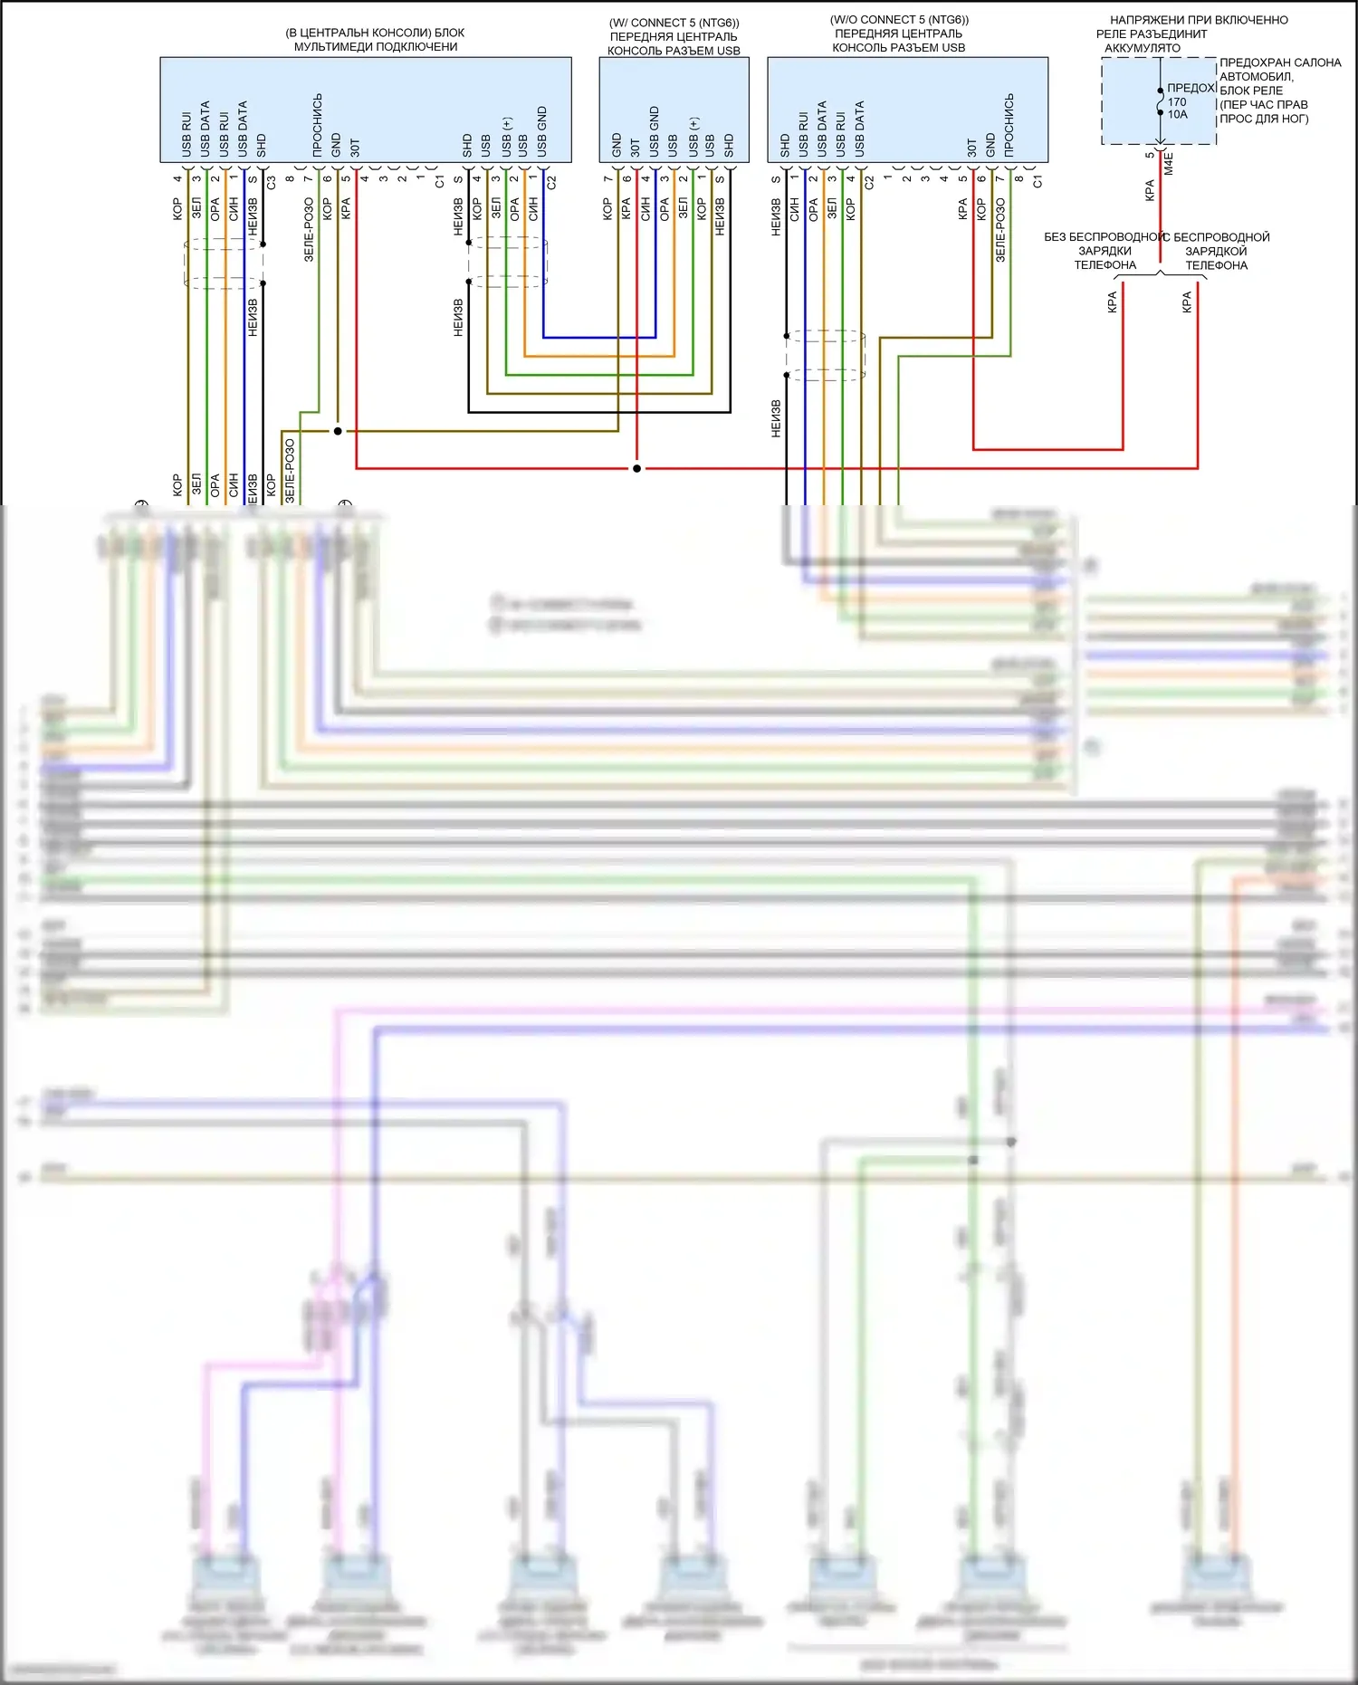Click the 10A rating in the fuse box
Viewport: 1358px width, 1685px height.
pos(1177,115)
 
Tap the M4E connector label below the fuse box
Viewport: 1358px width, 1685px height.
pos(1169,164)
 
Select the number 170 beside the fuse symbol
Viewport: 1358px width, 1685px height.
pos(1177,102)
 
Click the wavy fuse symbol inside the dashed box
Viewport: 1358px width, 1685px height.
pos(1161,101)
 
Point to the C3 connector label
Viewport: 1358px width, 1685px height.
pos(271,182)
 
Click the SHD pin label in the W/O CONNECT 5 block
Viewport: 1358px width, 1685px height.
pos(785,145)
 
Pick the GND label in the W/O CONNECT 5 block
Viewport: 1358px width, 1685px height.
pos(990,145)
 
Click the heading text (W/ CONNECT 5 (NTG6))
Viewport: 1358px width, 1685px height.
pos(674,23)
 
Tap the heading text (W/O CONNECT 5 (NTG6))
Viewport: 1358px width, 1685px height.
pos(899,20)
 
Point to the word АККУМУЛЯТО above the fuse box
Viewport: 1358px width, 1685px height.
pos(1143,48)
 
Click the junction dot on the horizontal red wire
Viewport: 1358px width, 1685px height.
pos(637,469)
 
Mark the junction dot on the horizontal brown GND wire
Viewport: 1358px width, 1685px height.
pos(338,431)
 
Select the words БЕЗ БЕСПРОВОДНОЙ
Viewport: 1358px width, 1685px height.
pos(1104,237)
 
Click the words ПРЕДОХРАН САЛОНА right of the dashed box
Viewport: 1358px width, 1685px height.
pos(1280,62)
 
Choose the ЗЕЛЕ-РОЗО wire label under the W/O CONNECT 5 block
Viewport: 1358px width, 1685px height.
pos(1000,232)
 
